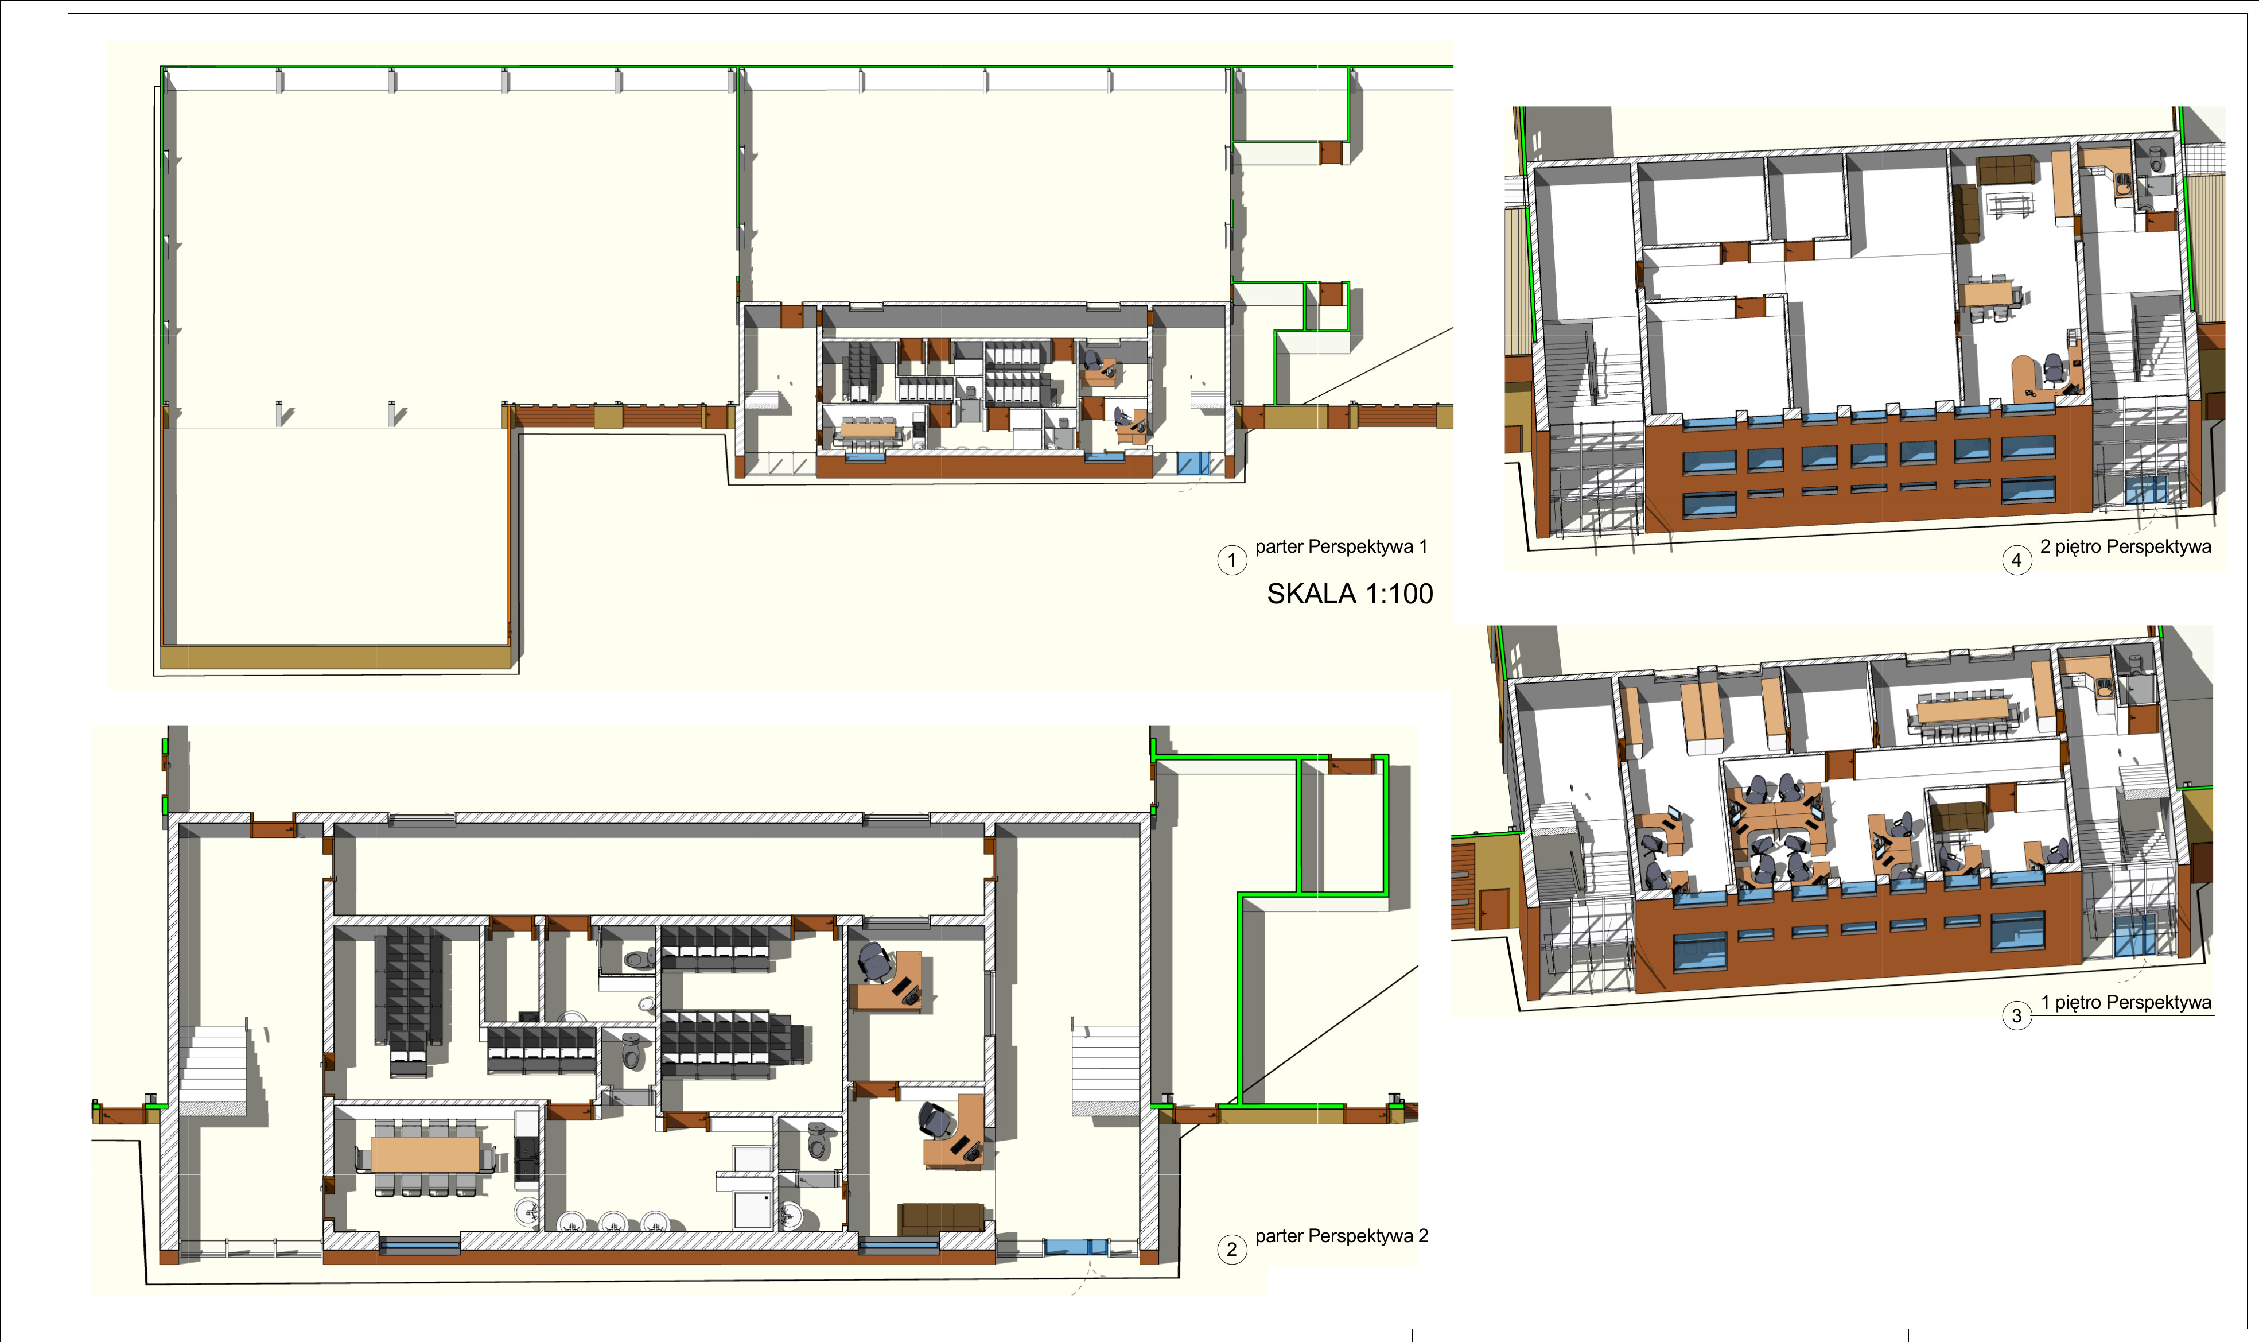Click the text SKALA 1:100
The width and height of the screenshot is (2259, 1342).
tap(1349, 594)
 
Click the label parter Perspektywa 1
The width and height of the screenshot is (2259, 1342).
tap(1340, 546)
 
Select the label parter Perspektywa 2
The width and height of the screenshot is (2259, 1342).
tap(1340, 1235)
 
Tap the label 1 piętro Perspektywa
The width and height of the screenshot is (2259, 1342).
tap(2125, 1002)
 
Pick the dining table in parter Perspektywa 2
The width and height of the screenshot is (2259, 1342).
tap(425, 1154)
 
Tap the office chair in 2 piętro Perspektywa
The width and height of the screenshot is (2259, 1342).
tap(2054, 368)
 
